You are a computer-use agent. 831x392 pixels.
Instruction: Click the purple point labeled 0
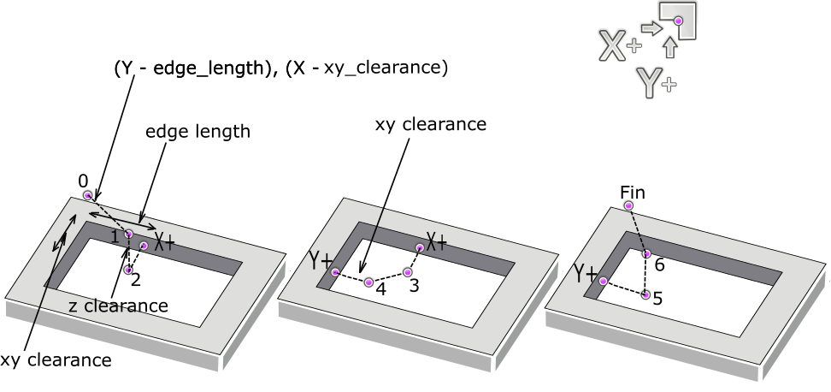[x=87, y=196]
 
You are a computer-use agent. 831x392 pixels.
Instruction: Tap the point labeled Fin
[x=628, y=205]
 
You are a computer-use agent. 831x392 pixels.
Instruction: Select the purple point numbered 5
[x=645, y=294]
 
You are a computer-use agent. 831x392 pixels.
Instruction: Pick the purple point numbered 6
[x=646, y=254]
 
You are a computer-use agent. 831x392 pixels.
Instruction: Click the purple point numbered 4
[x=368, y=282]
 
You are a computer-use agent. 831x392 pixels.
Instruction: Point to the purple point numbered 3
[x=407, y=272]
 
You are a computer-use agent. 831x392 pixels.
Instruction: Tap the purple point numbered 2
[x=127, y=270]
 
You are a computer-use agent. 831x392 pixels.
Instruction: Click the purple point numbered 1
[x=129, y=234]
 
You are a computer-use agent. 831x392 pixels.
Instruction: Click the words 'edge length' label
[x=197, y=132]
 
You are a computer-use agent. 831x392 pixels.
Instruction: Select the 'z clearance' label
[x=118, y=306]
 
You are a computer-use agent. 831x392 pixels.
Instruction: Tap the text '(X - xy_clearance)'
[x=367, y=68]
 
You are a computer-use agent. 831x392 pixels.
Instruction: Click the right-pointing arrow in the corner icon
[x=651, y=27]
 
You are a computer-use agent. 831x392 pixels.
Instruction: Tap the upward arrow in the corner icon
[x=670, y=47]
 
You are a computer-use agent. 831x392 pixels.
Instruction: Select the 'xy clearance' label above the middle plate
[x=430, y=124]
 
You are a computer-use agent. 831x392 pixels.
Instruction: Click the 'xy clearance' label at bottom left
[x=56, y=360]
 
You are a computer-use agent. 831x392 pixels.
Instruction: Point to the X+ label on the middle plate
[x=437, y=243]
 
